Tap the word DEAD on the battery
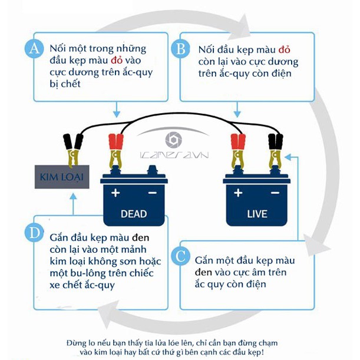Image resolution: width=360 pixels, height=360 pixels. point(133,213)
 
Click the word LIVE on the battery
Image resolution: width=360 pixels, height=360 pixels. point(255,213)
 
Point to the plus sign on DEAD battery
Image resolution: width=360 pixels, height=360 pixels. point(115,193)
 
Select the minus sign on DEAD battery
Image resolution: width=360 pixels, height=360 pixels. point(152,193)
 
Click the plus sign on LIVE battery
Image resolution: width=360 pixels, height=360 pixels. point(238,193)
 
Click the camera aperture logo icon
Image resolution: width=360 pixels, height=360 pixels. point(173,140)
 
